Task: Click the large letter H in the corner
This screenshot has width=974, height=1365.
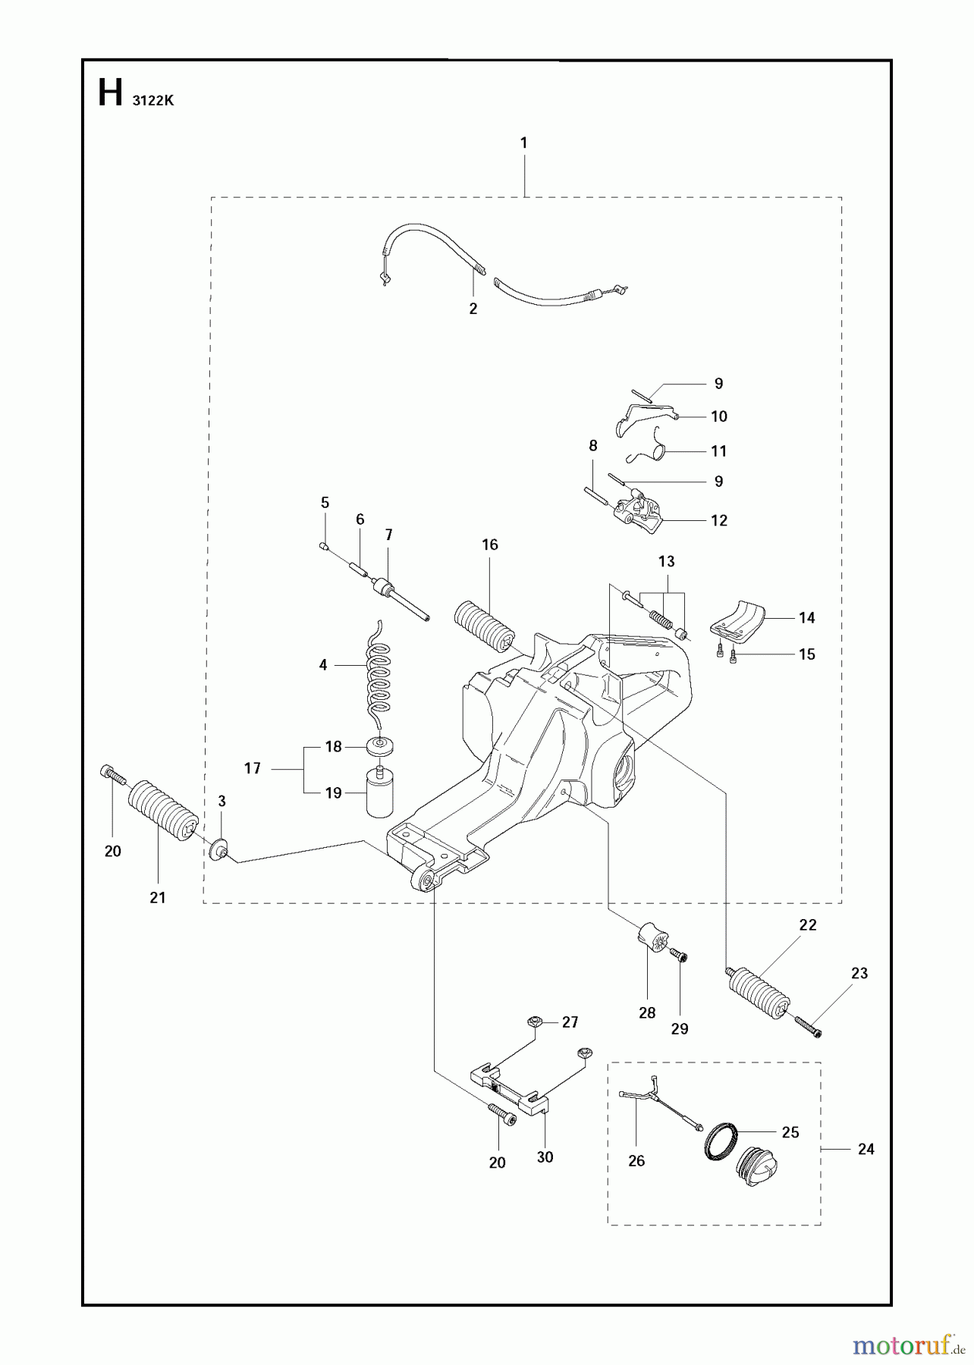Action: pos(110,93)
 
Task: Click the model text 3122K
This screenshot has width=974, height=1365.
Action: pos(152,100)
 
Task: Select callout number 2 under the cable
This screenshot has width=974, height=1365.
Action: pos(473,309)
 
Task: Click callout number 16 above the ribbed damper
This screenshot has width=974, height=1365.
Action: pos(489,544)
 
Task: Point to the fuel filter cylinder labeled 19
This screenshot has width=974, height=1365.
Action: pos(379,793)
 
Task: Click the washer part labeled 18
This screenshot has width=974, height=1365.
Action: pos(380,746)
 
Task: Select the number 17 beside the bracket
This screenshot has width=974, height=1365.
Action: pos(252,768)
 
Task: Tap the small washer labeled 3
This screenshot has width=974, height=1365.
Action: pos(219,848)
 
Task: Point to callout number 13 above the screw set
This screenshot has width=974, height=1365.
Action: pos(666,562)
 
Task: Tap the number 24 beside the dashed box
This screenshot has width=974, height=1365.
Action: pos(866,1150)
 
